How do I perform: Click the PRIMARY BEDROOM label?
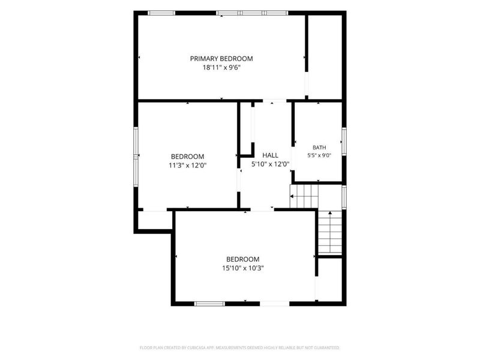(221, 58)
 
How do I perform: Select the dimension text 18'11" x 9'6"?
(221, 68)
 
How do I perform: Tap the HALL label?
(271, 155)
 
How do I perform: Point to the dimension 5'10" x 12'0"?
(271, 164)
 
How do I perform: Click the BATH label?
(319, 148)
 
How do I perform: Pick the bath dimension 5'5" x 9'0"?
(319, 155)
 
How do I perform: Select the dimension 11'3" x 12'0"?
(188, 166)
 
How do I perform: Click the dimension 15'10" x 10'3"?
(243, 268)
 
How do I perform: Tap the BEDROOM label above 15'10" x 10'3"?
(243, 259)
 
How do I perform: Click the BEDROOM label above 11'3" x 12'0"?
(188, 157)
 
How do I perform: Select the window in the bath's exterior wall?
(344, 142)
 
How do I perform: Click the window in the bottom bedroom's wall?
(209, 304)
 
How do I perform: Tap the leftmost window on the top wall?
(161, 13)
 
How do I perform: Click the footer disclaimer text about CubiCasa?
(239, 348)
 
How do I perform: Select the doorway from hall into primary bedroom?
(275, 101)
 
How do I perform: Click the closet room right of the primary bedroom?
(325, 57)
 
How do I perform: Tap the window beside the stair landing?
(344, 197)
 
